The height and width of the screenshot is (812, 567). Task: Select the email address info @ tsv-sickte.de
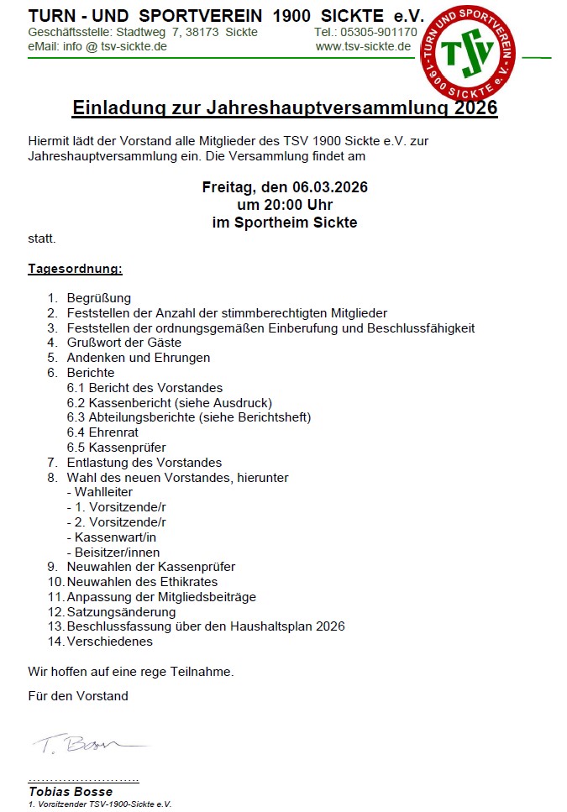click(115, 46)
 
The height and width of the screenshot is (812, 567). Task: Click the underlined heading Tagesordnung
click(75, 269)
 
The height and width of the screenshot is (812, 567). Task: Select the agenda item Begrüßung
click(99, 298)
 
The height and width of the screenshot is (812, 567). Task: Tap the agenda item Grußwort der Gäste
click(124, 343)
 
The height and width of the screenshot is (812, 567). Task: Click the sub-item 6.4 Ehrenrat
click(102, 432)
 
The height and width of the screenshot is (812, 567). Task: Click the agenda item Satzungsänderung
click(121, 612)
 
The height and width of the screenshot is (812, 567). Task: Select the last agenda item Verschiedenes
click(109, 642)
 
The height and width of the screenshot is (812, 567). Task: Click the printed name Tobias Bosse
click(71, 791)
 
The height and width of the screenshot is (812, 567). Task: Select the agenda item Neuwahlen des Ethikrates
click(142, 582)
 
